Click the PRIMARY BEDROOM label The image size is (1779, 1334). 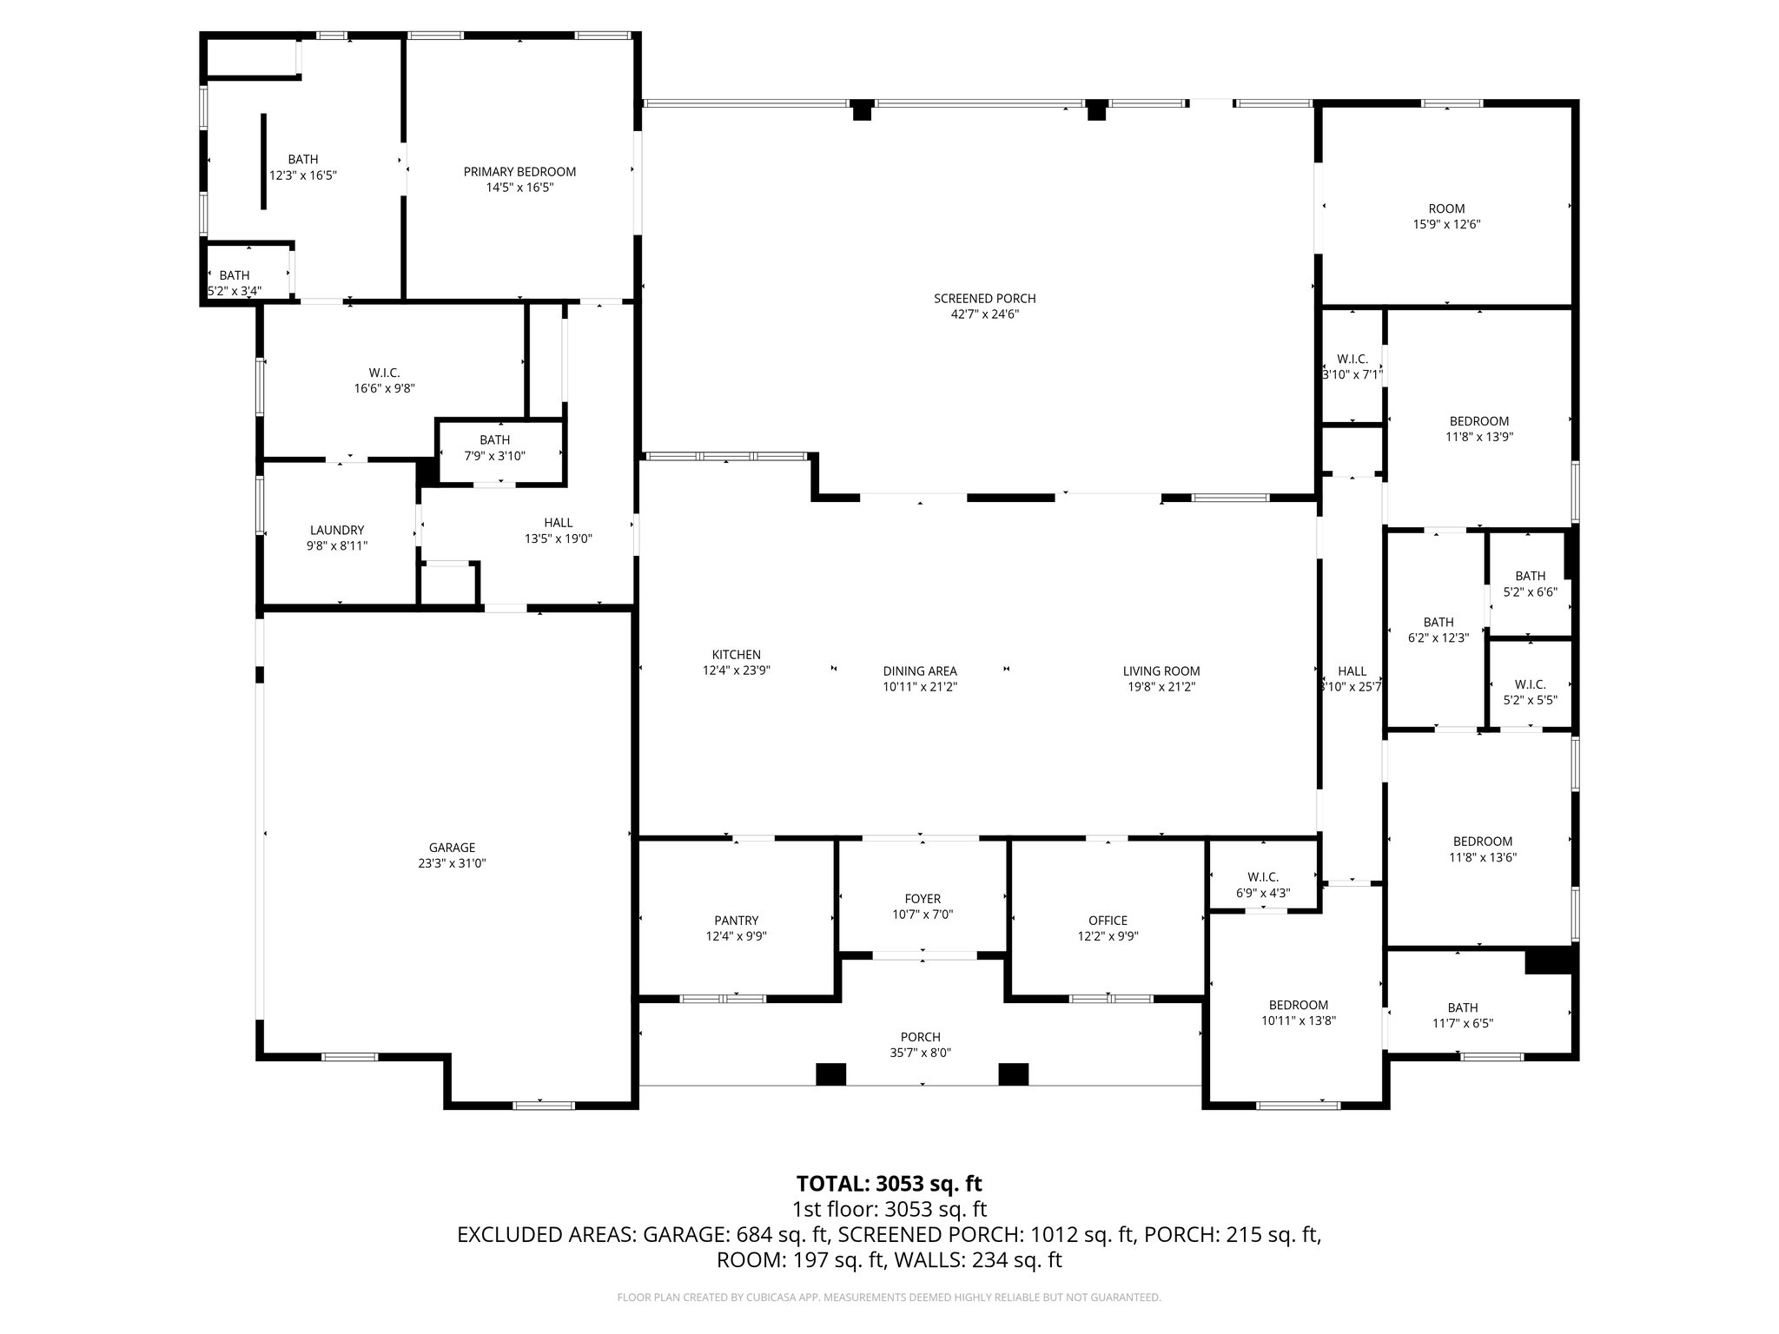click(x=519, y=172)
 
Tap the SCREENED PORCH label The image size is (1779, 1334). click(x=984, y=299)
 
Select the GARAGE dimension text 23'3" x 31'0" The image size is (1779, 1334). click(x=452, y=863)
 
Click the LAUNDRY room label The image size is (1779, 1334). click(x=337, y=530)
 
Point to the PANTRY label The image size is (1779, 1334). click(x=737, y=921)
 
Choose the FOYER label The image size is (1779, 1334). click(x=923, y=899)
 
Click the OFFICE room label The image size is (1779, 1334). click(x=1108, y=921)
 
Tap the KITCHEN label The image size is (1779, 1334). click(x=737, y=655)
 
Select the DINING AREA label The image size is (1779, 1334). click(x=920, y=670)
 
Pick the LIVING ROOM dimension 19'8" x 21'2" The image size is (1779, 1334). click(x=1161, y=687)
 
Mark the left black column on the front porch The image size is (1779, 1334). click(x=830, y=1074)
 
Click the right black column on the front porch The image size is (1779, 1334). click(x=1013, y=1074)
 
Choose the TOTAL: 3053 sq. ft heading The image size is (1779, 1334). click(x=889, y=1184)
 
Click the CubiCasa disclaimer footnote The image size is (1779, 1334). click(x=889, y=1298)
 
